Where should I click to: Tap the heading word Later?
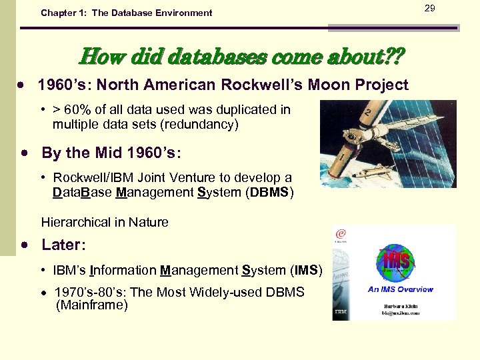63,245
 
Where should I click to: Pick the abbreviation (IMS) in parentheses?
306,270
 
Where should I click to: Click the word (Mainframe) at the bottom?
92,305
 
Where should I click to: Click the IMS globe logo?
395,261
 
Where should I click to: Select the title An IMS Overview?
400,289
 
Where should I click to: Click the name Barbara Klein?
399,303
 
